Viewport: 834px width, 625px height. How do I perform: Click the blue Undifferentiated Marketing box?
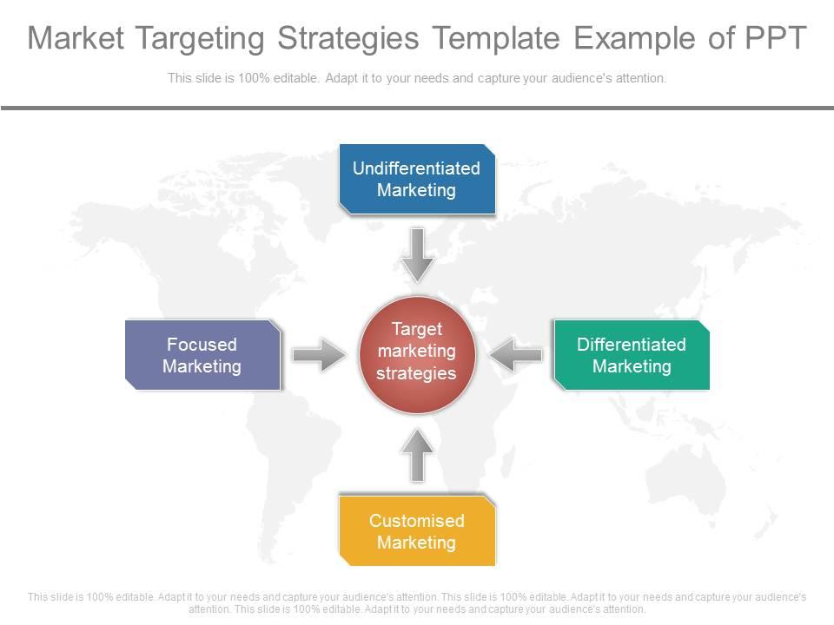click(x=417, y=179)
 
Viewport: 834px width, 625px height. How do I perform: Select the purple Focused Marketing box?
click(x=202, y=355)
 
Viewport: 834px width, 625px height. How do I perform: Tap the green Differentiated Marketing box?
click(x=632, y=355)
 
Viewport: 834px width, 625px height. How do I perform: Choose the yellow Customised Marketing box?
click(x=417, y=531)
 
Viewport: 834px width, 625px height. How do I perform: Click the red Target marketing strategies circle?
click(x=417, y=352)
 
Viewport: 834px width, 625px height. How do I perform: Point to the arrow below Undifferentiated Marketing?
click(x=418, y=254)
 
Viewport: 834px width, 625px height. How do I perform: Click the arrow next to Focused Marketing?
click(x=319, y=355)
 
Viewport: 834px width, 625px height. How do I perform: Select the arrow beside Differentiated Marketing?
click(x=516, y=355)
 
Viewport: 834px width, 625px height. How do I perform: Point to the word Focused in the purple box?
click(x=202, y=345)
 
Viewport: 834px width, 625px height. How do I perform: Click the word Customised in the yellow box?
click(x=417, y=521)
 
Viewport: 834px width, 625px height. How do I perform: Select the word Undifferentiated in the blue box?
click(x=416, y=168)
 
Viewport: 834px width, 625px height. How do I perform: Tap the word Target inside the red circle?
click(x=417, y=330)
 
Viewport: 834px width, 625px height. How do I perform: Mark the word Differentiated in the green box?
click(x=632, y=345)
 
